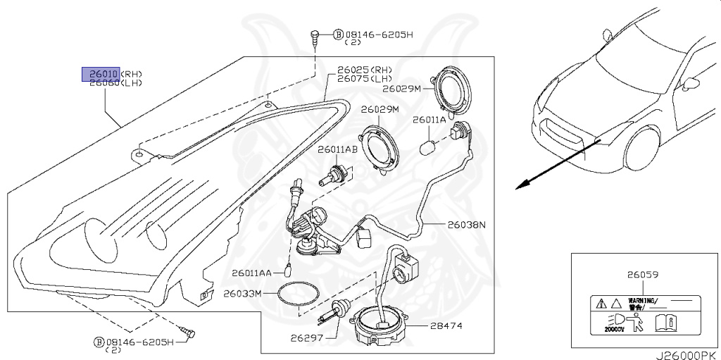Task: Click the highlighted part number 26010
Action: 101,74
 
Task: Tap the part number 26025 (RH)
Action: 355,70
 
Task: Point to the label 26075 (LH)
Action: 355,79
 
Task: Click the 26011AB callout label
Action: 337,150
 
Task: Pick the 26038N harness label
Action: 467,225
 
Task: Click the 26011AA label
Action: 249,272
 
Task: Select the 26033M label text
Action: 242,292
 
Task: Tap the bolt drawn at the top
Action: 315,35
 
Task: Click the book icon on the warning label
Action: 665,323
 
